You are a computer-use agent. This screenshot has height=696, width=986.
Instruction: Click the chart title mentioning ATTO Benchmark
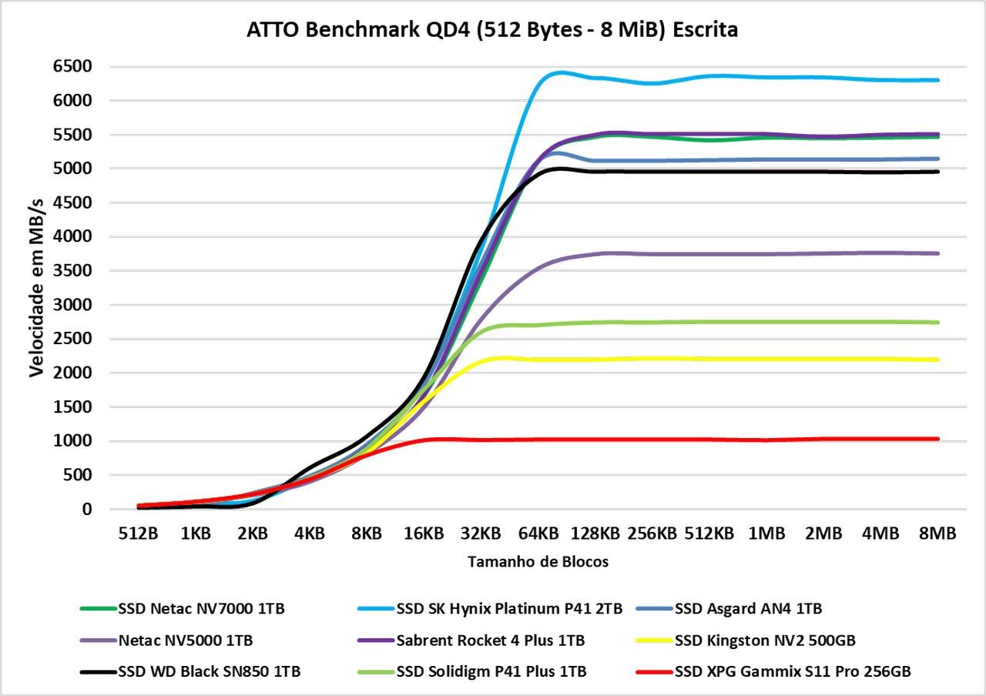[x=492, y=30]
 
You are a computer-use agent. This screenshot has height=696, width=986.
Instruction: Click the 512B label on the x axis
[x=138, y=534]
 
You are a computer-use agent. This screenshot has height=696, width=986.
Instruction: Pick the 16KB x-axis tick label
[x=423, y=534]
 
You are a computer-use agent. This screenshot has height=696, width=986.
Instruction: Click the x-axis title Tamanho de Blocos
[x=538, y=562]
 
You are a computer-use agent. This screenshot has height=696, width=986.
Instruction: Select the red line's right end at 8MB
[x=937, y=439]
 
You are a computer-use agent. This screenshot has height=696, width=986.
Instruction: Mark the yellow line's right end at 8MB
[x=937, y=360]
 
